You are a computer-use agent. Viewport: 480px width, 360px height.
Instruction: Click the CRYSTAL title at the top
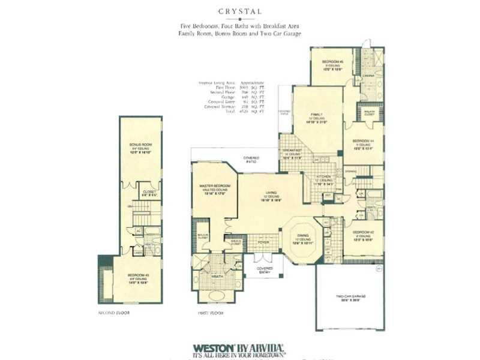[240, 10]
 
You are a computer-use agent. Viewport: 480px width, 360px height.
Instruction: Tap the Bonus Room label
[140, 145]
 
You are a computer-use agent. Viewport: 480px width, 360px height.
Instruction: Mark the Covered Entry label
[265, 269]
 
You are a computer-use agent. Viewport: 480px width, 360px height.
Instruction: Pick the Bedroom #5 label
[331, 62]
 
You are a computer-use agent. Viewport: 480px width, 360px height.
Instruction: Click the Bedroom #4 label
[364, 141]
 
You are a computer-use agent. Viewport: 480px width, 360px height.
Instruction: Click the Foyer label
[263, 242]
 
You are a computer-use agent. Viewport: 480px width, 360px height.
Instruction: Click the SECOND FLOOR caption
[114, 313]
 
